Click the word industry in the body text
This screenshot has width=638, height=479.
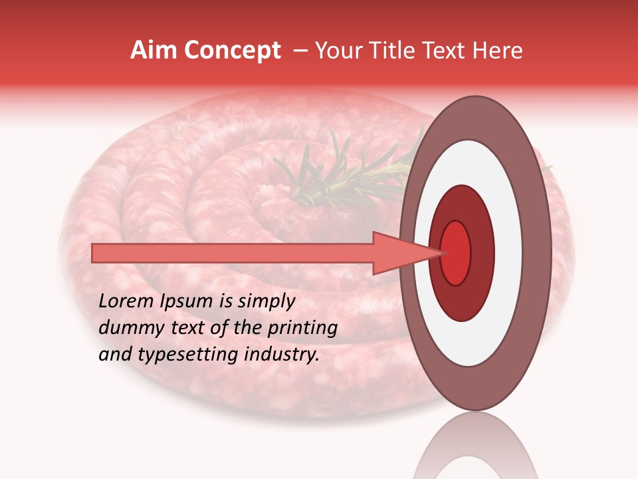pyautogui.click(x=282, y=355)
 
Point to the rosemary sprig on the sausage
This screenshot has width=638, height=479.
pyautogui.click(x=332, y=176)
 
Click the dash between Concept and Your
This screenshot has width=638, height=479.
pyautogui.click(x=300, y=51)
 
